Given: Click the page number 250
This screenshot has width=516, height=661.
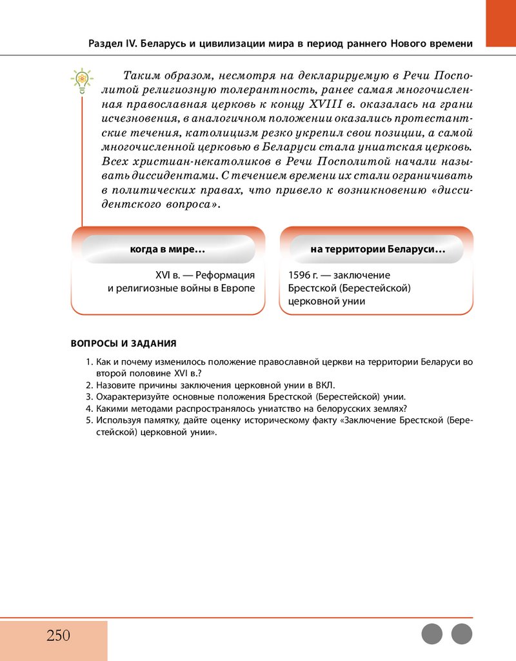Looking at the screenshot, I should (x=58, y=635).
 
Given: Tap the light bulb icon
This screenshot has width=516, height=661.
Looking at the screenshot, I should (x=82, y=81).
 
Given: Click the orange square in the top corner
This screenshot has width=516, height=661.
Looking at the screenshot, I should (x=501, y=23).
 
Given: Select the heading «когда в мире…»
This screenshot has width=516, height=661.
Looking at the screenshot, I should (x=168, y=249).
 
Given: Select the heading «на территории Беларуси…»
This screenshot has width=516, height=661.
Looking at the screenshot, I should (x=377, y=249).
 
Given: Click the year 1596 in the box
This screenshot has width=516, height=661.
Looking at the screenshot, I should (x=300, y=275).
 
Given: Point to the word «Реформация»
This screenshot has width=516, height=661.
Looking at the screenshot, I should (x=225, y=275).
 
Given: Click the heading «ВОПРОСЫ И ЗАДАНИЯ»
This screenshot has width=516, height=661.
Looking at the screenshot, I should (x=123, y=343).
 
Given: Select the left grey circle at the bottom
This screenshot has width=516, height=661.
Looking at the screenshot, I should (x=432, y=634).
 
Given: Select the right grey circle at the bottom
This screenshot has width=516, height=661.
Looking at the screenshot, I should (x=462, y=634).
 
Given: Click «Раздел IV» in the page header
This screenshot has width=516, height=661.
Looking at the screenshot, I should (x=112, y=43).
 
